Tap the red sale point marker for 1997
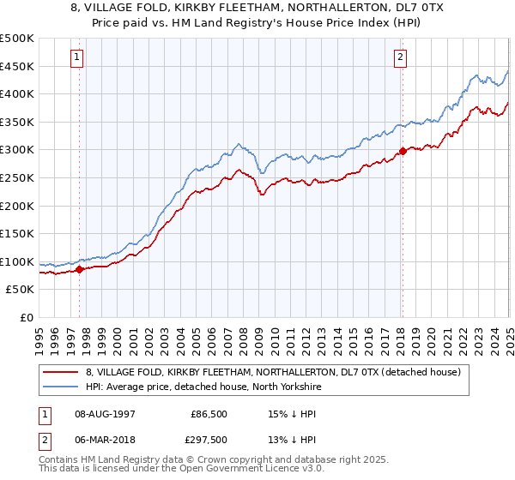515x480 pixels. (80, 269)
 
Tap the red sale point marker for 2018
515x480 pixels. (402, 152)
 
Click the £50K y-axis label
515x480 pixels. (21, 290)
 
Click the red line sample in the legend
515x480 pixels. (62, 371)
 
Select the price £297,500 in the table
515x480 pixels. (208, 440)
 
